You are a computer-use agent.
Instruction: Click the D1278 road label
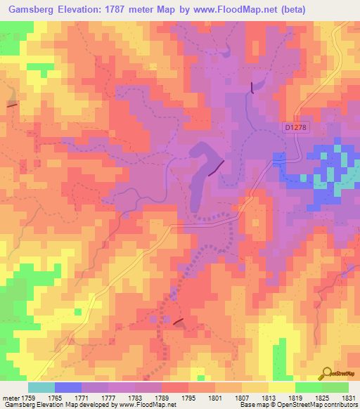[x=297, y=127]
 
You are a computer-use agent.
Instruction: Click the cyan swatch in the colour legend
[x=41, y=387]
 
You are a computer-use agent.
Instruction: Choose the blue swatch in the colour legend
[x=67, y=387]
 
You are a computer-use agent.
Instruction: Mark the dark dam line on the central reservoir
[x=217, y=167]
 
